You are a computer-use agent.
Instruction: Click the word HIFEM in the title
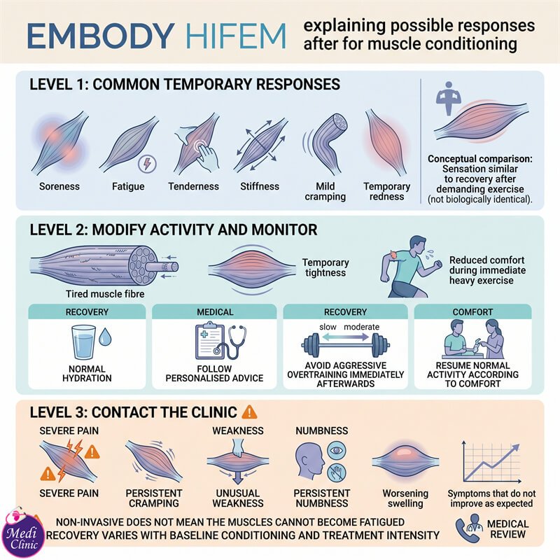pos(236,36)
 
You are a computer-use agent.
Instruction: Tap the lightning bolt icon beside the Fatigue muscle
pos(147,164)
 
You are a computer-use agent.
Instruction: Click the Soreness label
pos(59,186)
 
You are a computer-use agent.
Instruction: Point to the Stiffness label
pos(260,186)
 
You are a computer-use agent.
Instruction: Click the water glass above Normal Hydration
pos(84,342)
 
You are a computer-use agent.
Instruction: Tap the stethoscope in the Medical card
pos(232,342)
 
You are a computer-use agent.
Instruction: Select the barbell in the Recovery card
pos(345,344)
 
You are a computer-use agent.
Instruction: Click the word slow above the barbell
pos(328,327)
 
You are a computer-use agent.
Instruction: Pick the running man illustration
pos(411,267)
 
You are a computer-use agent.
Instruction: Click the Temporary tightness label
pos(325,267)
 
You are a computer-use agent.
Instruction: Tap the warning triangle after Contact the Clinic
pos(249,412)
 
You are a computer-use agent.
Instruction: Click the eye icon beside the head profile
pos(337,450)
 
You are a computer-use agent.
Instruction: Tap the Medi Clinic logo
pos(23,533)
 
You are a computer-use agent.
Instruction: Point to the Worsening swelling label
pos(405,498)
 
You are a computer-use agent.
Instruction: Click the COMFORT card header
pos(473,311)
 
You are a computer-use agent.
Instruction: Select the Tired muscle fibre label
pos(105,294)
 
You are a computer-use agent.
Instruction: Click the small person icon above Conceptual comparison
pos(449,98)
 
